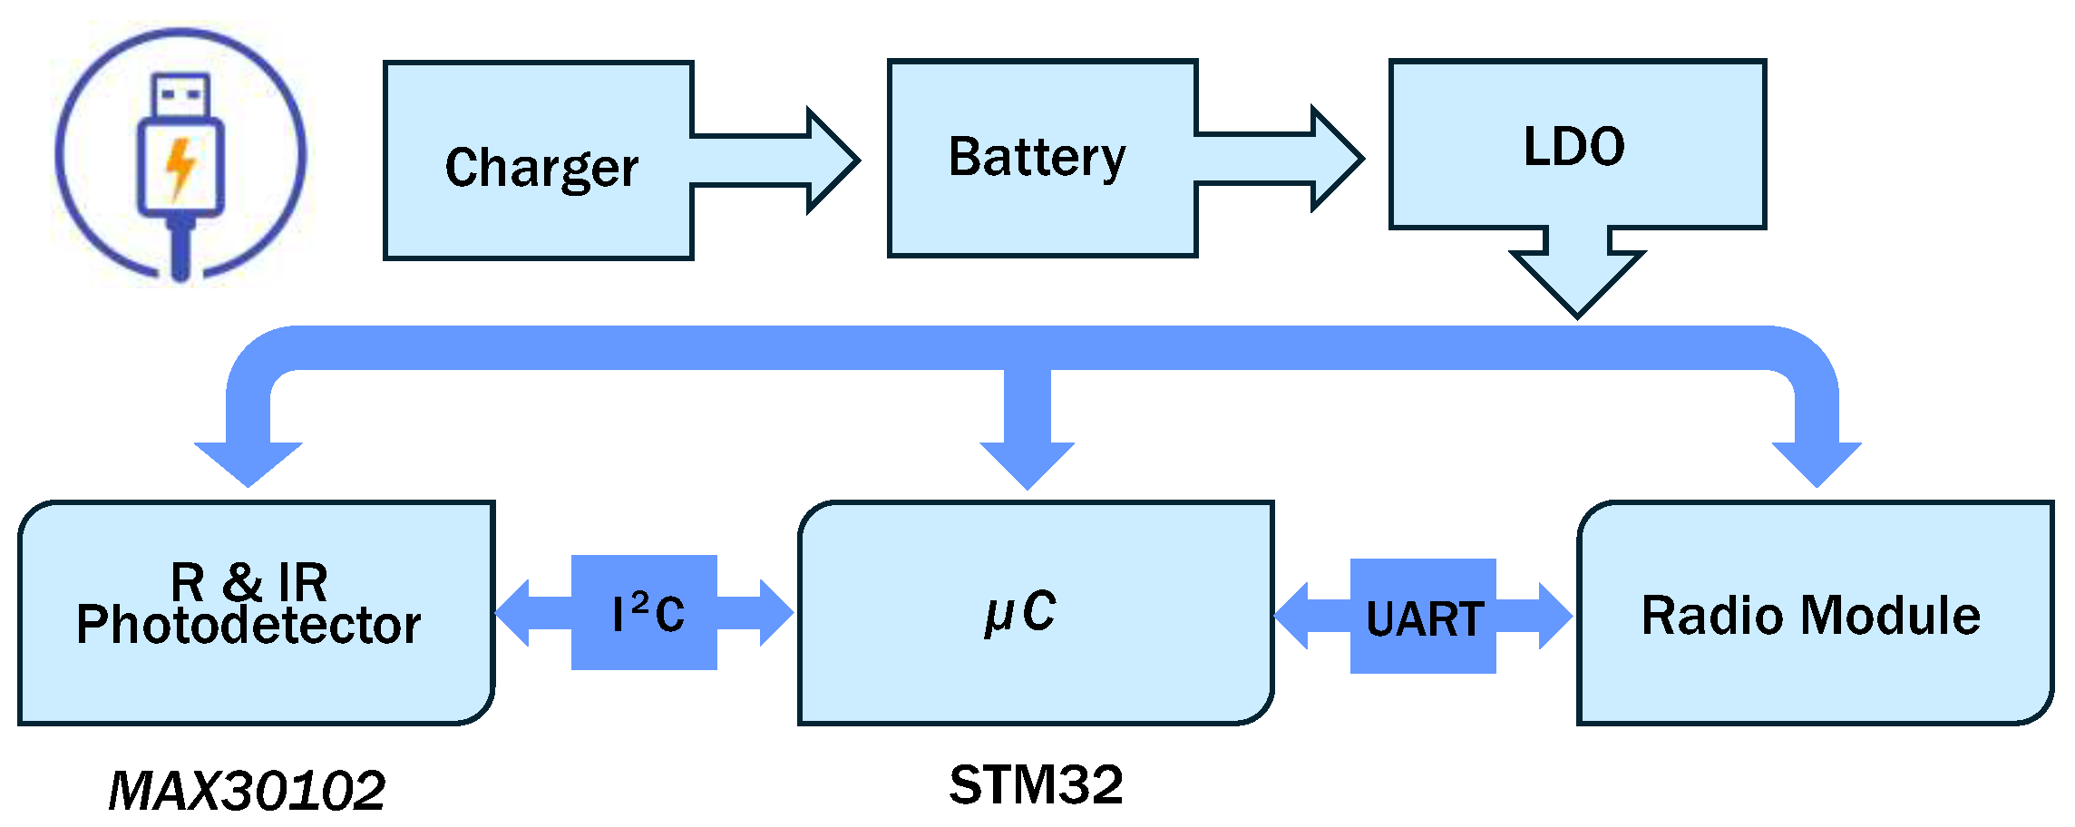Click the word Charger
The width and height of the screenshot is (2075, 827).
(x=541, y=168)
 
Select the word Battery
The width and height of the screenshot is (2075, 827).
(x=1037, y=157)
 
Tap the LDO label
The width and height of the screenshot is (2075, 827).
(x=1573, y=147)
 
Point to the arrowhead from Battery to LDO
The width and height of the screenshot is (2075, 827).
(x=1336, y=159)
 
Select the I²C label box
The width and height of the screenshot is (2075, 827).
(x=644, y=613)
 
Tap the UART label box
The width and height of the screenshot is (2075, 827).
(x=1423, y=618)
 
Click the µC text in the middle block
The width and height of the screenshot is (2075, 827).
(x=1020, y=613)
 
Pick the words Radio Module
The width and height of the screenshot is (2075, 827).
(x=1810, y=616)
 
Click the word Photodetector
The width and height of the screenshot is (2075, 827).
(x=248, y=625)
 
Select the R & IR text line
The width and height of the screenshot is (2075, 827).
(x=248, y=581)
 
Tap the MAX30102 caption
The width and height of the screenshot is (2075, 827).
(x=247, y=791)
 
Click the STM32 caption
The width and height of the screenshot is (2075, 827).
(x=1036, y=784)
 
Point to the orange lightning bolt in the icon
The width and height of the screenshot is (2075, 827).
(x=180, y=167)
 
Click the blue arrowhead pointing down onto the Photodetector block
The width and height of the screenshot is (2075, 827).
(x=248, y=462)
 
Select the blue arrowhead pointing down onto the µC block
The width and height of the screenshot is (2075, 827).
(x=1027, y=464)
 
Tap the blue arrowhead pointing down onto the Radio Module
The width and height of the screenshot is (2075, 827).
(x=1817, y=462)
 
